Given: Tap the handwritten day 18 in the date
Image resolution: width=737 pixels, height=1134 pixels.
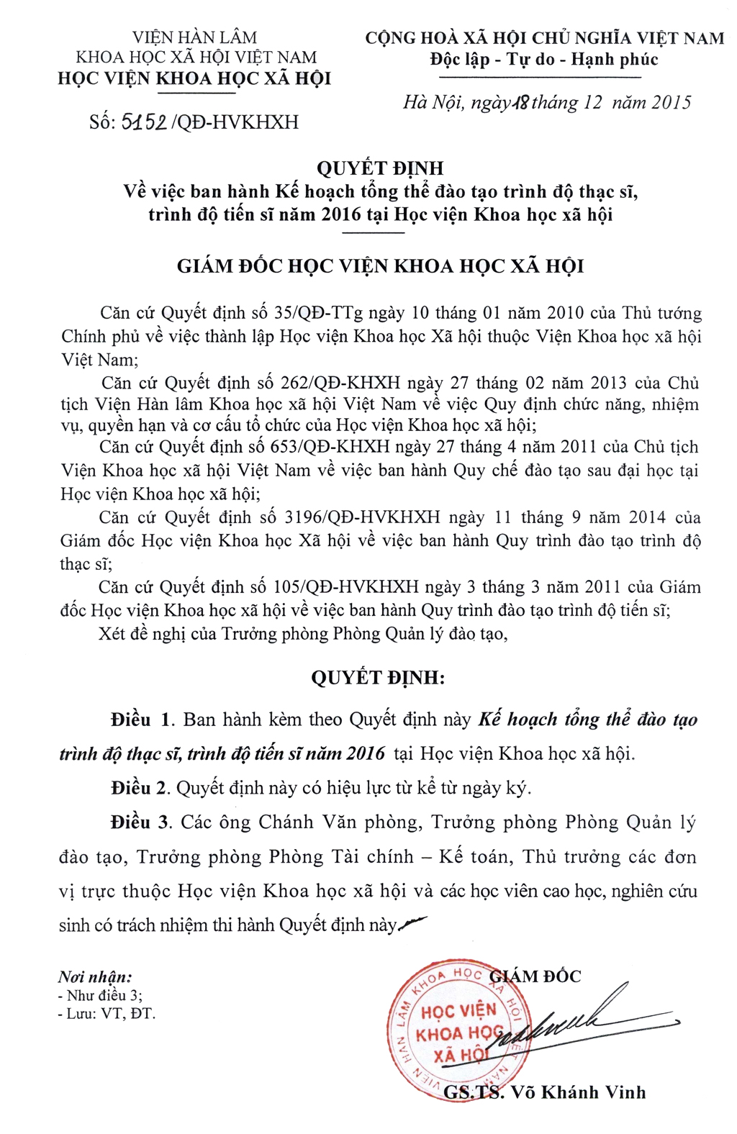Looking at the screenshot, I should (520, 103).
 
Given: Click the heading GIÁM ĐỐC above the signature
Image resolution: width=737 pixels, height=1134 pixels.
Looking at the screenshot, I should (536, 976).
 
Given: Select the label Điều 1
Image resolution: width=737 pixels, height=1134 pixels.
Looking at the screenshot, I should (141, 720).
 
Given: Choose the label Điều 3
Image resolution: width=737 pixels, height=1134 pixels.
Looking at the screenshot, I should (141, 822).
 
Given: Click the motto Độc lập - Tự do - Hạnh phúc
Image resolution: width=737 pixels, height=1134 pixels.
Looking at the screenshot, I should (544, 59).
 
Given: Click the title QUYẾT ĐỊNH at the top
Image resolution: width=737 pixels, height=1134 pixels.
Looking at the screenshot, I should (381, 168).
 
